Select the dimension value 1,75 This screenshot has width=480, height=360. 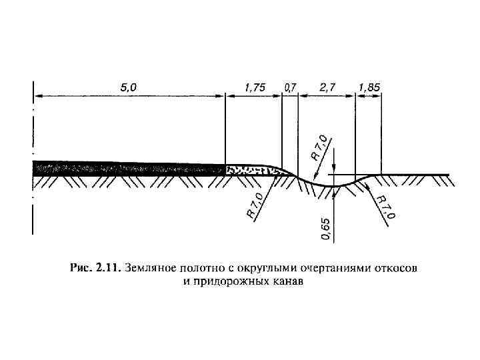[255, 87]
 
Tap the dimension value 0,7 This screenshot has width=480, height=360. [290, 87]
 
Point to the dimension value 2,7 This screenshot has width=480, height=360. [327, 87]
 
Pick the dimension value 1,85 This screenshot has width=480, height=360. [369, 87]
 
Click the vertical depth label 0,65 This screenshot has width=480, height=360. [325, 227]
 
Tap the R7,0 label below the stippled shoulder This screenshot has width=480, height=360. [254, 204]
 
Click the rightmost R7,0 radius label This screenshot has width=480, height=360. [385, 207]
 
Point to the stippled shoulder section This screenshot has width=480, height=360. [250, 169]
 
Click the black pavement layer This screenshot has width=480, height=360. [127, 167]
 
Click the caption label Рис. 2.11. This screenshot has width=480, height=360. [94, 268]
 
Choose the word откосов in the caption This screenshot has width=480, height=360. [397, 268]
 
